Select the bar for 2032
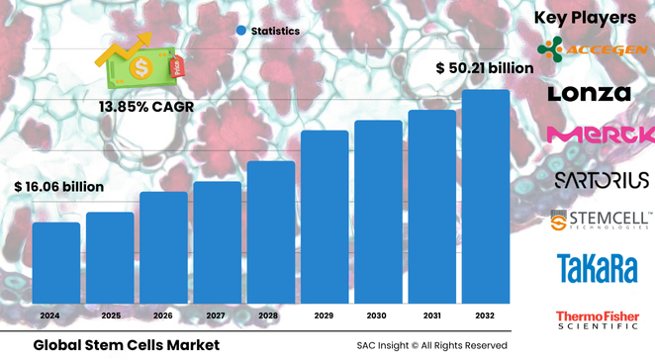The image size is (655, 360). [x=486, y=197]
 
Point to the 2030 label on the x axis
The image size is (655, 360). [x=378, y=315]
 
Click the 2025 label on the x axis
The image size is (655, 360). [x=109, y=315]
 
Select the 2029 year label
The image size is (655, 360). [x=325, y=315]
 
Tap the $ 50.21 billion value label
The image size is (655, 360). [x=485, y=68]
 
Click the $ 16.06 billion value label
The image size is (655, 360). [x=58, y=186]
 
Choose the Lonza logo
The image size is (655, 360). [x=590, y=94]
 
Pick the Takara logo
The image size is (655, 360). [x=591, y=267]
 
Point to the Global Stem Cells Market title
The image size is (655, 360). [x=126, y=345]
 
